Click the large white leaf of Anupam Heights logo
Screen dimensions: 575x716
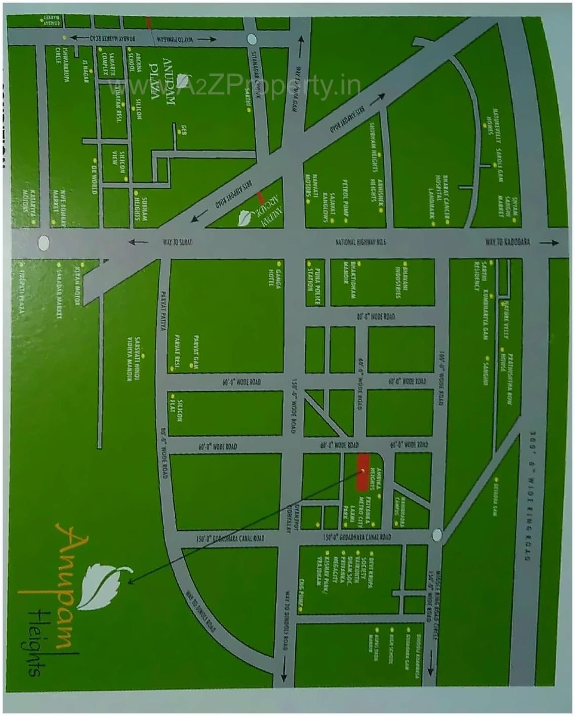[x=105, y=585]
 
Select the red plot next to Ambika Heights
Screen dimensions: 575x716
[x=362, y=472]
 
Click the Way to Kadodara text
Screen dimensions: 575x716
[x=508, y=242]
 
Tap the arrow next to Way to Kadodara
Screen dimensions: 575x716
[x=550, y=243]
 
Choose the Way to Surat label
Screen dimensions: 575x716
[x=178, y=242]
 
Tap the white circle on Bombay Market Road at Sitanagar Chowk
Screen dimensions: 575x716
[x=251, y=39]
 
